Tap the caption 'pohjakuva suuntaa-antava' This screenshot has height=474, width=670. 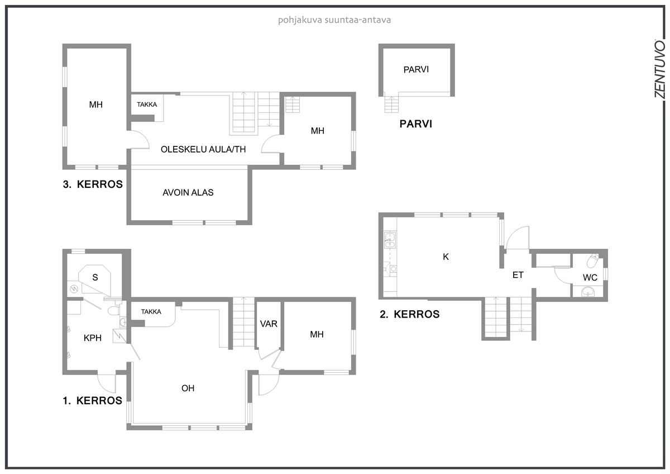[x=334, y=20]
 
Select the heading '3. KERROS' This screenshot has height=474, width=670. [x=93, y=184]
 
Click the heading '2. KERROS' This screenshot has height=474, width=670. [x=409, y=314]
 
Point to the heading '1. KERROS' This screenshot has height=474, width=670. [x=93, y=401]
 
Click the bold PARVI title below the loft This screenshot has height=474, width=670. [x=416, y=124]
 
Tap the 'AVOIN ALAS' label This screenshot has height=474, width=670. [x=188, y=192]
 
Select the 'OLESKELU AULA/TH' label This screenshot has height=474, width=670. [x=203, y=149]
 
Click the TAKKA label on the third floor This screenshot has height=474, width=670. [x=147, y=105]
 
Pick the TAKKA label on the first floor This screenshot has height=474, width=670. [x=151, y=312]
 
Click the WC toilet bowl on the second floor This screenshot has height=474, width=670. [x=592, y=260]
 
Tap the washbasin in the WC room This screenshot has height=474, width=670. [x=588, y=291]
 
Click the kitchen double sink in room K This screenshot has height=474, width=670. [x=390, y=240]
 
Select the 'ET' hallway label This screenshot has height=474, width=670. [x=518, y=275]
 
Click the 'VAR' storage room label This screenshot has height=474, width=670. [x=269, y=324]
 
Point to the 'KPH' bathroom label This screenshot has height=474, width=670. [x=93, y=338]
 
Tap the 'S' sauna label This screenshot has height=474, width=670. [x=95, y=278]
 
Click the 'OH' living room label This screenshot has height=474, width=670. [x=188, y=388]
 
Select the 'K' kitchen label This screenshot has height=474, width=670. [x=446, y=257]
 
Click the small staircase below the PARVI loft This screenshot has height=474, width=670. [x=391, y=104]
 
